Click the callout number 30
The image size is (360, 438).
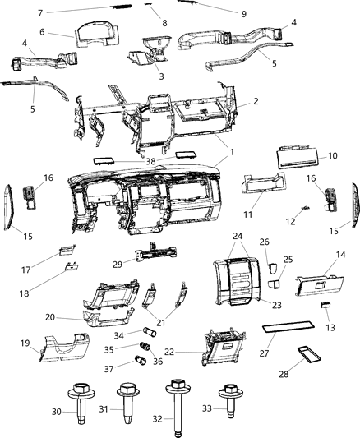click(x=58, y=412)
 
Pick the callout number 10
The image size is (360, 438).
click(x=333, y=155)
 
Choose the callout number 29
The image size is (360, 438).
click(x=118, y=264)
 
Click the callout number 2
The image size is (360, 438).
click(x=256, y=101)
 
